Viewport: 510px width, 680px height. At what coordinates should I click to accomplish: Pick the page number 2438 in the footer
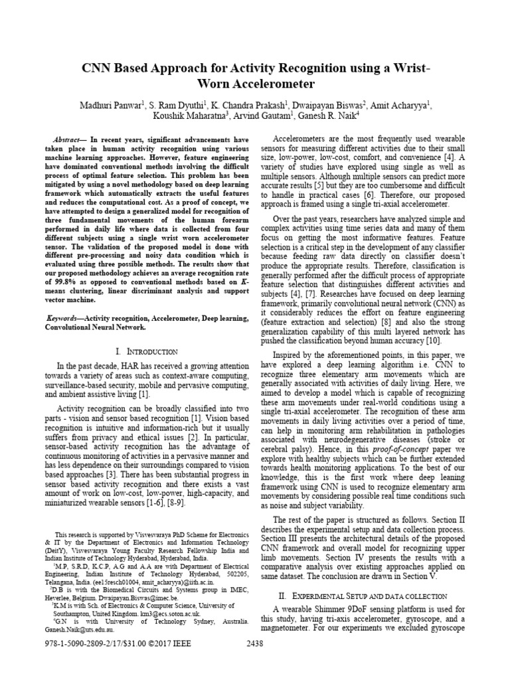[256, 661]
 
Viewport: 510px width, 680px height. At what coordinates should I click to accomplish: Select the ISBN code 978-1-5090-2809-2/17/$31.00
[78, 661]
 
